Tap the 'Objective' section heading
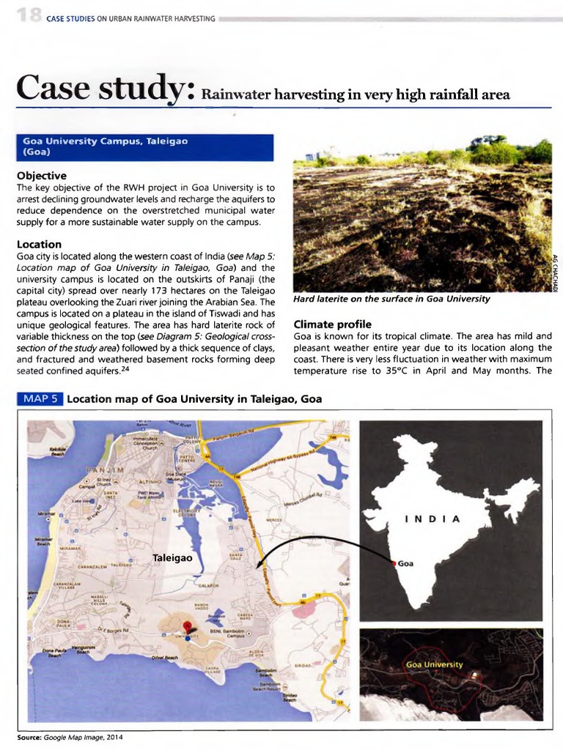pyautogui.click(x=41, y=176)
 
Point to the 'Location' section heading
pyautogui.click(x=39, y=244)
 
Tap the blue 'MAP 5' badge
pyautogui.click(x=40, y=399)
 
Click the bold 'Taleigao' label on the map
pyautogui.click(x=172, y=557)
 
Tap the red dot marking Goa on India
pyautogui.click(x=394, y=563)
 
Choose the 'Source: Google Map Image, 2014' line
pyautogui.click(x=70, y=736)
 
